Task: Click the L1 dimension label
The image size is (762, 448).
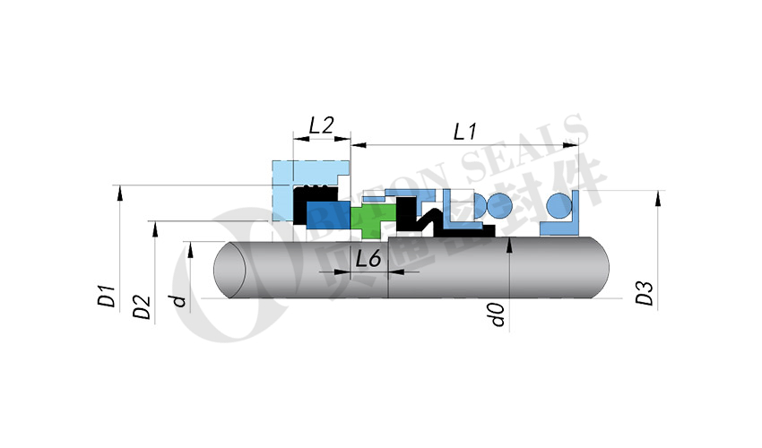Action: click(464, 131)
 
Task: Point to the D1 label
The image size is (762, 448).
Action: click(106, 297)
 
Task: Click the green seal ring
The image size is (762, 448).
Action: click(370, 220)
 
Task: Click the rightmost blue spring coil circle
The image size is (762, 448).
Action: click(559, 205)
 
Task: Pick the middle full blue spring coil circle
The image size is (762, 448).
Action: click(499, 206)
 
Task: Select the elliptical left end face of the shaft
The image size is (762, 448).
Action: click(231, 270)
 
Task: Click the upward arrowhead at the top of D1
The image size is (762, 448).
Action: click(118, 191)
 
